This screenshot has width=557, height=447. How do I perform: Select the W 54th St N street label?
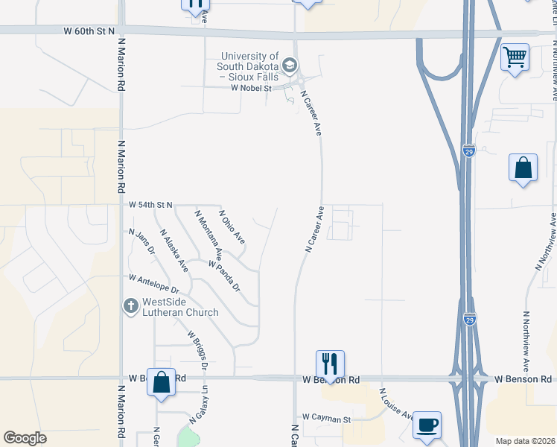click(150, 204)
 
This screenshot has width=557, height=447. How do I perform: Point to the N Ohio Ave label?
click(232, 227)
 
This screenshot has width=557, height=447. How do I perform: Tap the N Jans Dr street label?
click(141, 242)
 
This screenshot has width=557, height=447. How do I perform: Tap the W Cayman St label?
click(326, 419)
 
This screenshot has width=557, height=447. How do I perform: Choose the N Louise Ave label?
click(396, 405)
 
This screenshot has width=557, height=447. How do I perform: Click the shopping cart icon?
click(515, 57)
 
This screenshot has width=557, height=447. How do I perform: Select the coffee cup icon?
click(427, 425)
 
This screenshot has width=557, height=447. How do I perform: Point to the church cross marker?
click(130, 306)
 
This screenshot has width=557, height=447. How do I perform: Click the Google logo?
click(25, 438)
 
